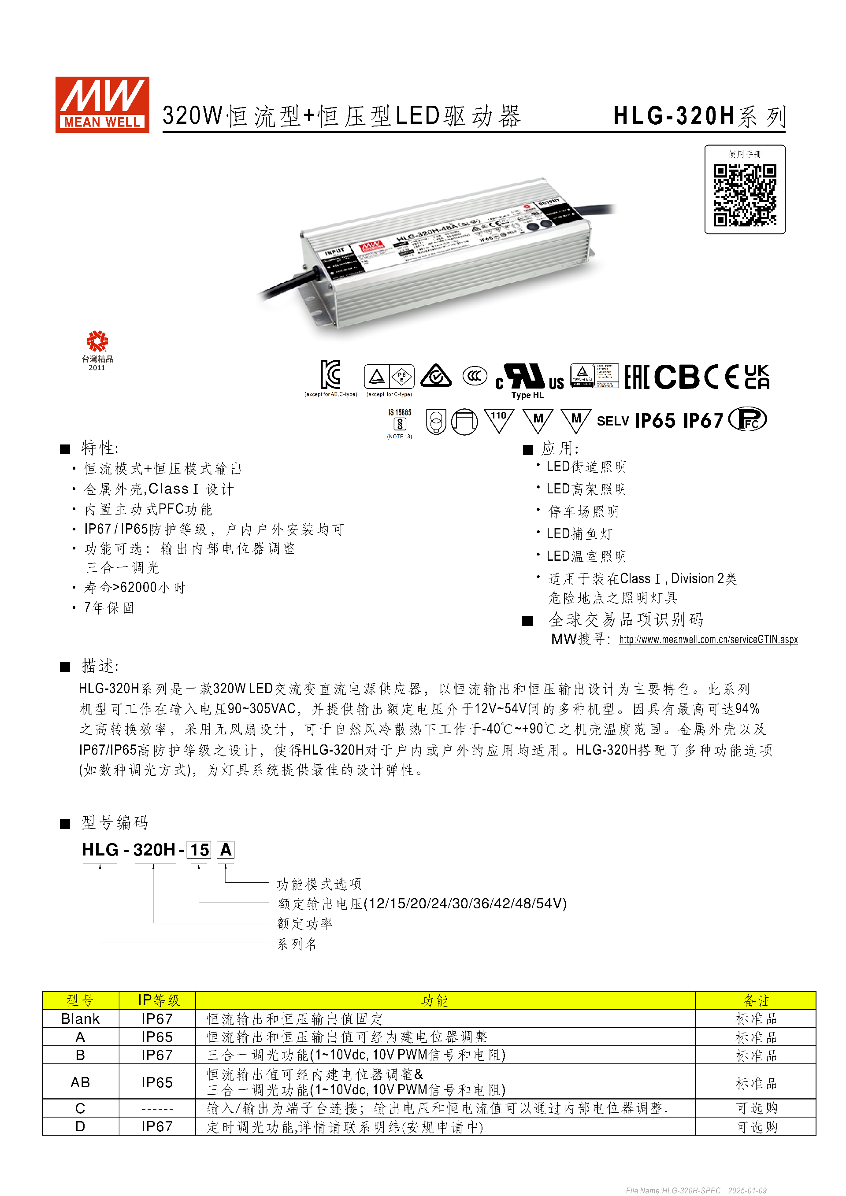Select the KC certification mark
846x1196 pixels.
tap(330, 374)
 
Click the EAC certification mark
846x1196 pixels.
tap(636, 377)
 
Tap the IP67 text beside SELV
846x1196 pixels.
tap(703, 420)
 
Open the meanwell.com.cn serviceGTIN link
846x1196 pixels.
tap(708, 639)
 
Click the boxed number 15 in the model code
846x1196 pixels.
tap(199, 850)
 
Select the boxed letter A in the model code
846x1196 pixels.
tap(226, 850)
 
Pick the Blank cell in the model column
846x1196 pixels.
tap(80, 1019)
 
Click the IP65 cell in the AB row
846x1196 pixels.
tap(157, 1082)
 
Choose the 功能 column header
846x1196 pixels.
tap(434, 1001)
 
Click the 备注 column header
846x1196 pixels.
tap(756, 1001)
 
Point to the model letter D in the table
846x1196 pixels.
tap(80, 1127)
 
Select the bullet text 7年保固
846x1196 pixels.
tap(109, 607)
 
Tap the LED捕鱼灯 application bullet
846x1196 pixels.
tap(579, 534)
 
